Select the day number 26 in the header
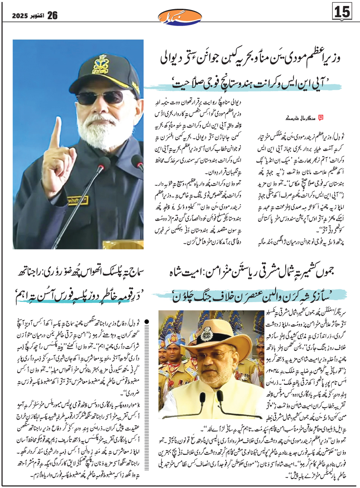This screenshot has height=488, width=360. (x=53, y=16)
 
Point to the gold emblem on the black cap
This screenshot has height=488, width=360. (x=100, y=64)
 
